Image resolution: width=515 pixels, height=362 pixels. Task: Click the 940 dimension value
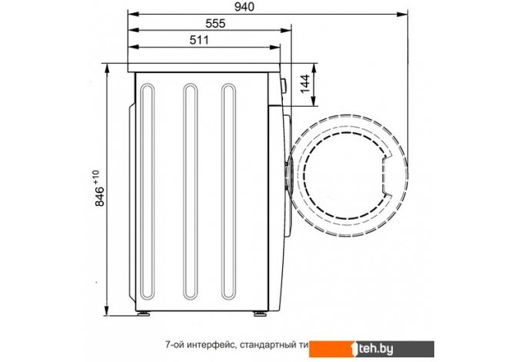[244, 7]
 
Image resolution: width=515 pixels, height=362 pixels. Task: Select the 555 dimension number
[215, 23]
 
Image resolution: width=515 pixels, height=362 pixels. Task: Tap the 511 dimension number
[199, 40]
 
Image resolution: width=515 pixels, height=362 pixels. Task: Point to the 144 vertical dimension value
[305, 84]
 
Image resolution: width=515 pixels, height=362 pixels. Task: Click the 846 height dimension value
[99, 197]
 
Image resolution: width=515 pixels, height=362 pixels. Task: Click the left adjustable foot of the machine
[144, 314]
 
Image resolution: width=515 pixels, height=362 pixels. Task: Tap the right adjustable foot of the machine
[260, 314]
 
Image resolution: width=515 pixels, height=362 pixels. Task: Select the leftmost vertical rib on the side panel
[147, 191]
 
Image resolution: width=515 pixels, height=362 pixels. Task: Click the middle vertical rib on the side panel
[190, 191]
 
